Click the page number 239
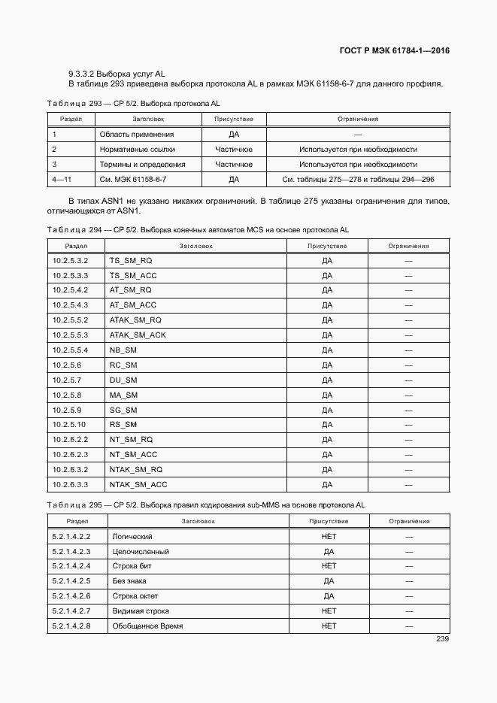click(x=442, y=639)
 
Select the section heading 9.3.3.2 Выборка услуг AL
click(x=116, y=74)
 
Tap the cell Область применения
click(x=137, y=135)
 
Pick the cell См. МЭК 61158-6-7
click(x=133, y=180)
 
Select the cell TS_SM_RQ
click(x=131, y=260)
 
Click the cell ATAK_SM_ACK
click(x=138, y=335)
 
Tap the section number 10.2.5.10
click(x=69, y=425)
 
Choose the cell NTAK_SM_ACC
click(x=138, y=485)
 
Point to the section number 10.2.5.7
click(x=67, y=380)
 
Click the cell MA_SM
click(x=124, y=395)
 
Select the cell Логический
click(x=132, y=537)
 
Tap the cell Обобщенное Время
click(x=147, y=626)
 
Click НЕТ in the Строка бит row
click(x=329, y=566)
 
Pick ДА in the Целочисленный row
click(x=329, y=552)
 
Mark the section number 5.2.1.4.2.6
click(x=71, y=596)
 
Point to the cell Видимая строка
click(x=141, y=611)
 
